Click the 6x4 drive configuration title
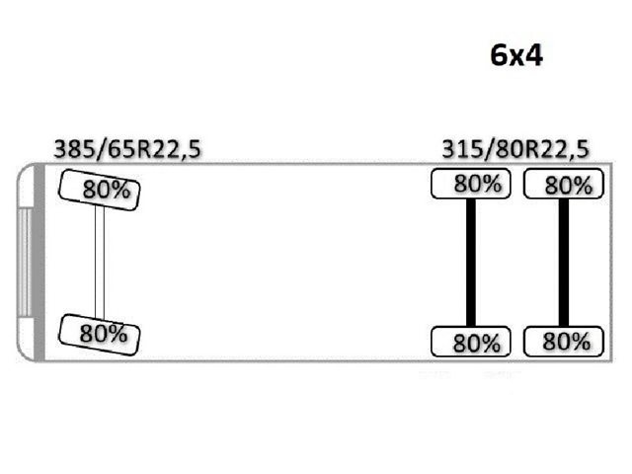(516, 55)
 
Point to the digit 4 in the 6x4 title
(533, 55)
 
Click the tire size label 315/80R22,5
(515, 150)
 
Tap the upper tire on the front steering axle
(100, 188)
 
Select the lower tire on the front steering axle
(100, 333)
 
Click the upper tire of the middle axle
(471, 184)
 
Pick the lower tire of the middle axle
(471, 342)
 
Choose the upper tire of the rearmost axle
(562, 184)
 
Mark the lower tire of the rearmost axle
(562, 342)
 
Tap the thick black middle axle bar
(471, 263)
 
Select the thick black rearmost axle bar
(563, 263)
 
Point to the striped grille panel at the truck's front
(23, 263)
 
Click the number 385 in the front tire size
(73, 150)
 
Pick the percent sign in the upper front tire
(120, 191)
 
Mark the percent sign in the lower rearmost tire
(583, 343)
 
